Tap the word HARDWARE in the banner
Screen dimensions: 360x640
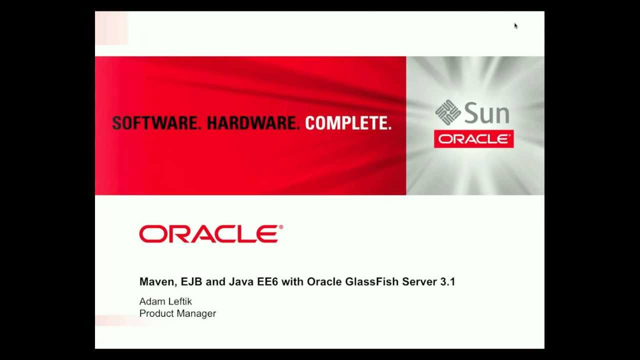(253, 123)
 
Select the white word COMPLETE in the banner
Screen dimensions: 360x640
(348, 123)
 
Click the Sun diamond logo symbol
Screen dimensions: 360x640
(448, 112)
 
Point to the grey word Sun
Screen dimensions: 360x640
(486, 113)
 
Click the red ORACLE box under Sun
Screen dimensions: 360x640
(473, 139)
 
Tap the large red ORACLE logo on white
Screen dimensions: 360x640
(211, 234)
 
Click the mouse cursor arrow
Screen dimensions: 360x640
(515, 25)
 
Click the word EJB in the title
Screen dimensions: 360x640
(191, 282)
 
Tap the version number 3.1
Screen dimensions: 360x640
(447, 282)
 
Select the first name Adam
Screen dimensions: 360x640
(151, 301)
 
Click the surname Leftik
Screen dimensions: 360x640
(178, 301)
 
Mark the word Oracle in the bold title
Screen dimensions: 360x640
(324, 282)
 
